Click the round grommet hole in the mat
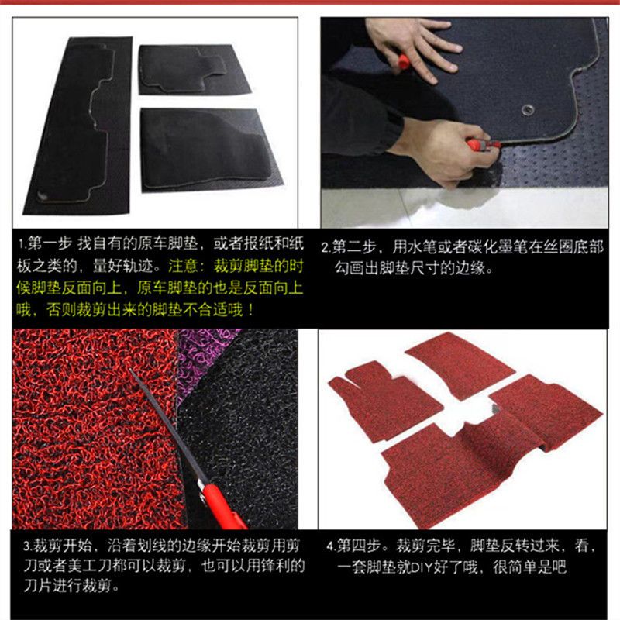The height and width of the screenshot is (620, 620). [529, 109]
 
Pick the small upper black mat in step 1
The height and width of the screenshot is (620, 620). [193, 69]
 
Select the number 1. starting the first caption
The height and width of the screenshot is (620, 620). [22, 244]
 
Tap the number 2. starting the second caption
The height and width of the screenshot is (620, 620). [325, 247]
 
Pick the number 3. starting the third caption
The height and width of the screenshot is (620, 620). [28, 546]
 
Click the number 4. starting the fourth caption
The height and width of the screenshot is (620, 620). [332, 546]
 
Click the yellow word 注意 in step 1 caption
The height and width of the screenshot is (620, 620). [183, 266]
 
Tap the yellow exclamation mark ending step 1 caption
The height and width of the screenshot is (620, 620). [251, 309]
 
